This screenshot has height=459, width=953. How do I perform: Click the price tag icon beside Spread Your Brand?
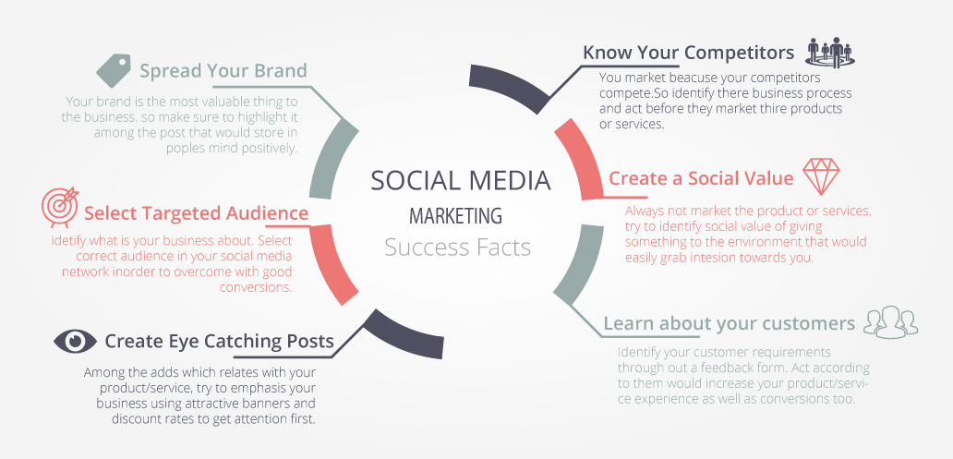tap(114, 70)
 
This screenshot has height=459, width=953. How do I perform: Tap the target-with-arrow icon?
tap(60, 205)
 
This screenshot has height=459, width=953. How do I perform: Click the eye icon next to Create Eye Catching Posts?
tap(76, 341)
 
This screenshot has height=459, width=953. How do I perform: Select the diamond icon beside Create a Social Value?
tap(821, 176)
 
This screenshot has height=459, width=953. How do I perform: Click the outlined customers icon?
tap(890, 321)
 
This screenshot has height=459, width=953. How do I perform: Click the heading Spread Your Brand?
tap(223, 71)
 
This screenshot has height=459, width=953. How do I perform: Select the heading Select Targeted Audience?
tap(196, 213)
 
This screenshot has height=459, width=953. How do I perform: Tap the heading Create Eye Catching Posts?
tap(220, 341)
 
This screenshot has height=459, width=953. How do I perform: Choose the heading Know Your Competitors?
tap(689, 53)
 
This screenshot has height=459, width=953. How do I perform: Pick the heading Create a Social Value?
tap(701, 178)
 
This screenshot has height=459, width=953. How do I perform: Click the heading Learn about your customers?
tap(730, 323)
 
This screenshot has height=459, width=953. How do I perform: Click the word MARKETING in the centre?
tap(456, 215)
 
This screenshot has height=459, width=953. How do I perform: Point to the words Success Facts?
tap(458, 248)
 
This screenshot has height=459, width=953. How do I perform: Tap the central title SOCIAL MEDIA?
tap(461, 181)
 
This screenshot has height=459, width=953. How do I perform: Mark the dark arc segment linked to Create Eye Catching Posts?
tap(404, 332)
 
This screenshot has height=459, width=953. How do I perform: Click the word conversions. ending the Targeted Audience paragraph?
tap(256, 287)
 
